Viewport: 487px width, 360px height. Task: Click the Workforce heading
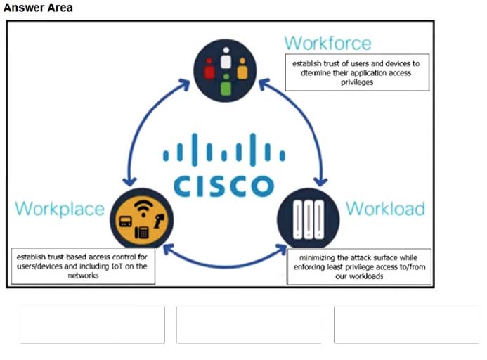(x=327, y=42)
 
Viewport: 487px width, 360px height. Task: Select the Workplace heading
(x=60, y=209)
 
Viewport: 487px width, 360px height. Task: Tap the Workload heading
(x=385, y=209)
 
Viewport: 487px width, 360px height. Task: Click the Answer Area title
(x=38, y=8)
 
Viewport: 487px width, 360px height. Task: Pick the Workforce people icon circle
(x=226, y=69)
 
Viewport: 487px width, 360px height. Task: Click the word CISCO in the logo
(x=224, y=186)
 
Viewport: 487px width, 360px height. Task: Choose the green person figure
(x=225, y=86)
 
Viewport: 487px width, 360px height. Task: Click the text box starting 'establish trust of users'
(x=356, y=72)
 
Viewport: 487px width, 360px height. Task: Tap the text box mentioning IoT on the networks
(x=84, y=266)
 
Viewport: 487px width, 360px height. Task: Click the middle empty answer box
(x=249, y=324)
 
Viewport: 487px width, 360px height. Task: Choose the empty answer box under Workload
(x=406, y=324)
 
